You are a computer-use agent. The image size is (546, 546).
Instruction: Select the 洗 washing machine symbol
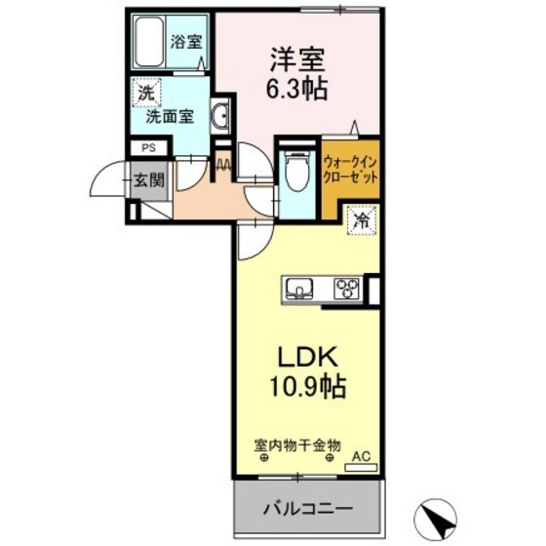(x=144, y=95)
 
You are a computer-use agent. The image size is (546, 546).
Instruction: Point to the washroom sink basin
(x=220, y=118)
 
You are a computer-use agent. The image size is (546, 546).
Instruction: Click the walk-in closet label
(x=350, y=173)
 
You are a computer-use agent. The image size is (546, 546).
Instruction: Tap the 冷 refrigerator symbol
(x=361, y=221)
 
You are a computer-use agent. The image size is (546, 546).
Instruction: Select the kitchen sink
(x=297, y=288)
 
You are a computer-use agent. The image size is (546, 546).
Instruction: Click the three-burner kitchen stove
(x=346, y=288)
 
